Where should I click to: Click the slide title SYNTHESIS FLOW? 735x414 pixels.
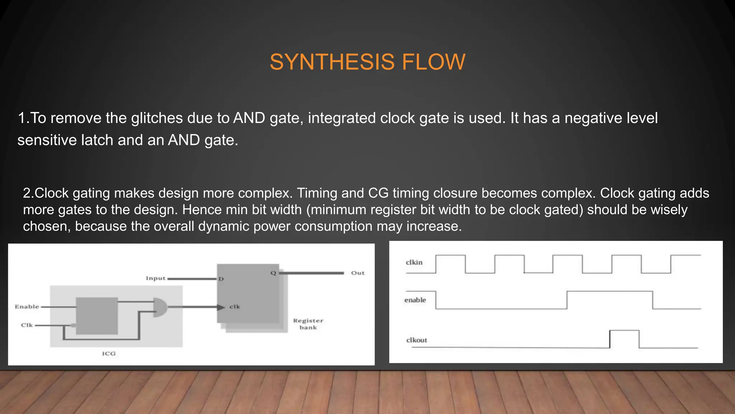pyautogui.click(x=367, y=62)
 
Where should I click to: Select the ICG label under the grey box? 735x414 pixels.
pyautogui.click(x=109, y=354)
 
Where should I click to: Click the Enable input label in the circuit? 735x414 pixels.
pyautogui.click(x=27, y=307)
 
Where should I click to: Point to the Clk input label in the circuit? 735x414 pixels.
pyautogui.click(x=27, y=325)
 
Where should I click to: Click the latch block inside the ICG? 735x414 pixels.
pyautogui.click(x=97, y=316)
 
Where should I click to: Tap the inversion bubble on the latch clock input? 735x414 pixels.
pyautogui.click(x=73, y=326)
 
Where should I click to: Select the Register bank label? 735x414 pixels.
pyautogui.click(x=308, y=324)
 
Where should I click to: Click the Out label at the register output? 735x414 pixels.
pyautogui.click(x=357, y=273)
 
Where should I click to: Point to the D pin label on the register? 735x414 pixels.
pyautogui.click(x=221, y=279)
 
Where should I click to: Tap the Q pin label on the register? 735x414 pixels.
pyautogui.click(x=273, y=273)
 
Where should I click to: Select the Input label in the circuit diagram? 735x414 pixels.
pyautogui.click(x=155, y=279)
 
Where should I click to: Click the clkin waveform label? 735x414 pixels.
pyautogui.click(x=414, y=262)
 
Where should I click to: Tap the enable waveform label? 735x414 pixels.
pyautogui.click(x=415, y=300)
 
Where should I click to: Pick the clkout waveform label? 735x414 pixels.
pyautogui.click(x=417, y=340)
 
